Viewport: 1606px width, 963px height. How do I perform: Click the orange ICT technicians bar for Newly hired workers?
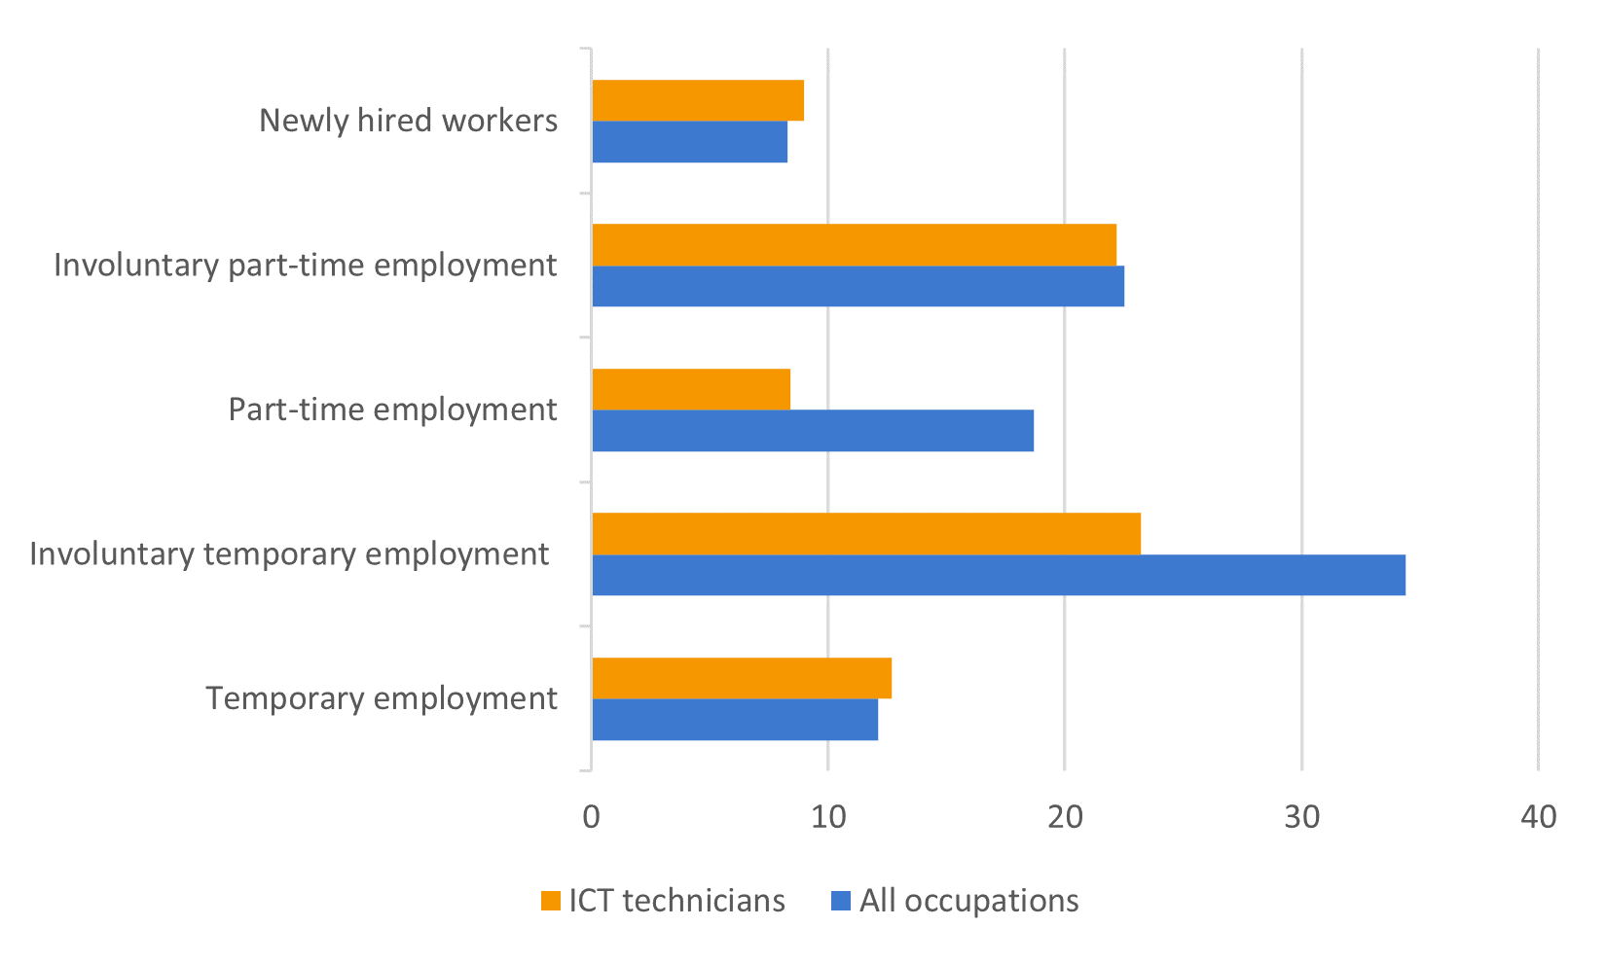click(698, 100)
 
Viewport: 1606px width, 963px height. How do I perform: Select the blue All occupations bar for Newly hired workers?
click(689, 142)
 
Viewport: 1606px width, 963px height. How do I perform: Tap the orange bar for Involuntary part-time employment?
click(854, 245)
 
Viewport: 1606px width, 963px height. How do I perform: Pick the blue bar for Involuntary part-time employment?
click(858, 286)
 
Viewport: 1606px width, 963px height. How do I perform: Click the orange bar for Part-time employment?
click(691, 389)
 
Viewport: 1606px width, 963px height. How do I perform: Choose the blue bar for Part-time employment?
click(813, 431)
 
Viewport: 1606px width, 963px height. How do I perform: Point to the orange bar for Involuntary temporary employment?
click(866, 534)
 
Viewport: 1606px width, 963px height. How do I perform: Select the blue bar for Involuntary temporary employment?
click(999, 575)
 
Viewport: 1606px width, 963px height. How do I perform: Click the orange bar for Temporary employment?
click(742, 678)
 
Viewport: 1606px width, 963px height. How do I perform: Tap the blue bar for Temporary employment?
click(735, 720)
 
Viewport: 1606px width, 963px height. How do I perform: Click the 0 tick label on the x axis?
click(591, 817)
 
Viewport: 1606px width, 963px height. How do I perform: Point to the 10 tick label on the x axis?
click(828, 817)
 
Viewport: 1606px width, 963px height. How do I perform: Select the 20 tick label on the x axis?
click(1065, 817)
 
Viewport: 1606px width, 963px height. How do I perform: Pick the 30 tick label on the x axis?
click(1302, 817)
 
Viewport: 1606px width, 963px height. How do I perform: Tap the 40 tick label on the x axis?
click(1539, 817)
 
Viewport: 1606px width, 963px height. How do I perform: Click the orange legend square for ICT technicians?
click(551, 902)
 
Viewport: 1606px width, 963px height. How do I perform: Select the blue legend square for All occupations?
click(841, 902)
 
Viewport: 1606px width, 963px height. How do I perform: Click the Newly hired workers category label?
click(409, 121)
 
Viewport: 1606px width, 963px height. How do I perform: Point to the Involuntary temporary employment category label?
click(289, 554)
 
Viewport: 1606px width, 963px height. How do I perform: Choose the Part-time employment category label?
click(393, 410)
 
